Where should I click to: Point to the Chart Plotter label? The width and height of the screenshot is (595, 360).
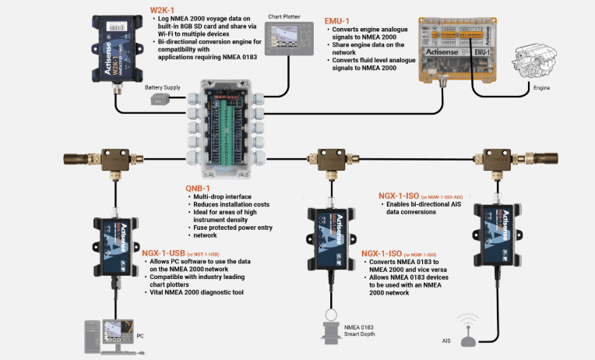(x=283, y=16)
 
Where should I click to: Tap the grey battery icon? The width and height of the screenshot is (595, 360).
(x=161, y=100)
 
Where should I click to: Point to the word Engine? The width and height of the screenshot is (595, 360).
(x=541, y=89)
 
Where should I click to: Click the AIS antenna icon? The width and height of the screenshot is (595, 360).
(x=467, y=330)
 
